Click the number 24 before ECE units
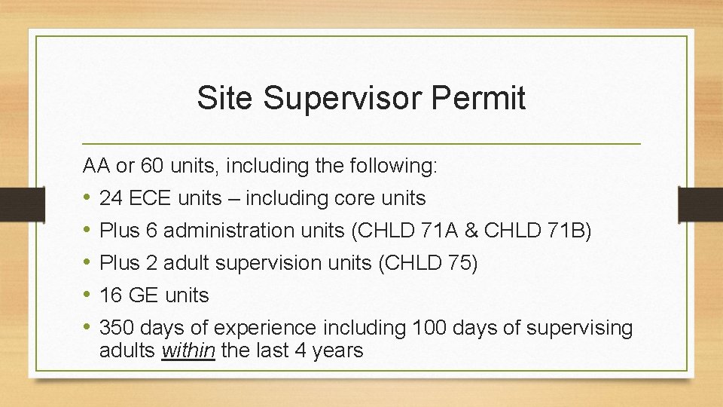(x=111, y=198)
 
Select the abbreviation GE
(x=143, y=295)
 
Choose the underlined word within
(x=188, y=350)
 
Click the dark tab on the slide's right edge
(x=700, y=204)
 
